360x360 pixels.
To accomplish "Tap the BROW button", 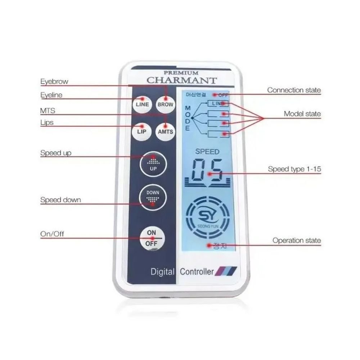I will pyautogui.click(x=165, y=104).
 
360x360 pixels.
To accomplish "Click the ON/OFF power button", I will pyautogui.click(x=152, y=238).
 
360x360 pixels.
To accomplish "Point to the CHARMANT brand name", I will pyautogui.click(x=181, y=80).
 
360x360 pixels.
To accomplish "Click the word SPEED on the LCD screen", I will pyautogui.click(x=207, y=152).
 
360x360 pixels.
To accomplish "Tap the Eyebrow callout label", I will pyautogui.click(x=54, y=82).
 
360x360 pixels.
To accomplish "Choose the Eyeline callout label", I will pyautogui.click(x=51, y=95).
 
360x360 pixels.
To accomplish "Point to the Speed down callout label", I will pyautogui.click(x=60, y=200).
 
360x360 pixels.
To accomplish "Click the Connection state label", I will pyautogui.click(x=294, y=90).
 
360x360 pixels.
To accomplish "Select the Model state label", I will pyautogui.click(x=302, y=114).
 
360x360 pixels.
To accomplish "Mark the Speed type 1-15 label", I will pyautogui.click(x=294, y=169).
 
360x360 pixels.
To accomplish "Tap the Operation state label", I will pyautogui.click(x=296, y=240).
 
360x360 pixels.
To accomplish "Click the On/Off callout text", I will pyautogui.click(x=52, y=234).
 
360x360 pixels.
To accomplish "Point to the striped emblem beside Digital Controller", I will pyautogui.click(x=226, y=271).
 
